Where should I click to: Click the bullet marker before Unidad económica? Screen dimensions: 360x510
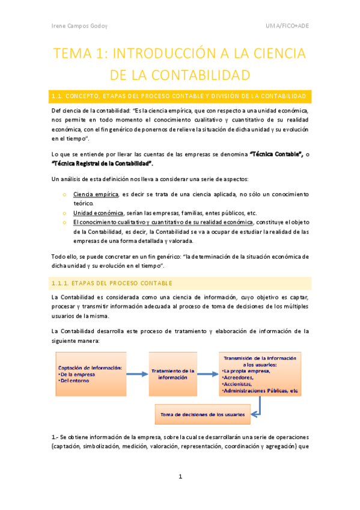(x=64, y=213)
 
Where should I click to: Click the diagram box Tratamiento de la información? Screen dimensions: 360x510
(x=172, y=374)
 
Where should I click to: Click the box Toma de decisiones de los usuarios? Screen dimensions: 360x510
(x=202, y=414)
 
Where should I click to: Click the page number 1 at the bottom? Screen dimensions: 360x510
(x=180, y=477)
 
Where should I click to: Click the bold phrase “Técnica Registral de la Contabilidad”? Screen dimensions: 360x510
(x=102, y=163)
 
